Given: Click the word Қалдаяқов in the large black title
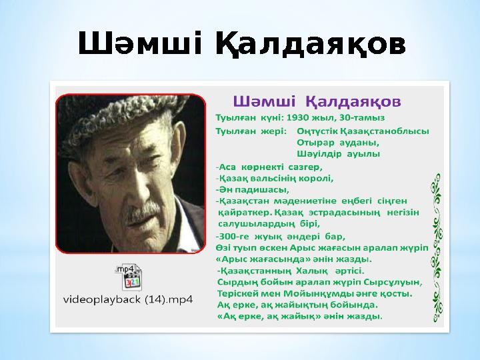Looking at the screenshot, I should coord(310,45).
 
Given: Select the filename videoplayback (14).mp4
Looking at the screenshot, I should coord(127,300).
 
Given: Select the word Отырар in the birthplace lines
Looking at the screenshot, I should coord(314,142).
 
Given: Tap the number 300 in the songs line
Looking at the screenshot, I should coord(228,236).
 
